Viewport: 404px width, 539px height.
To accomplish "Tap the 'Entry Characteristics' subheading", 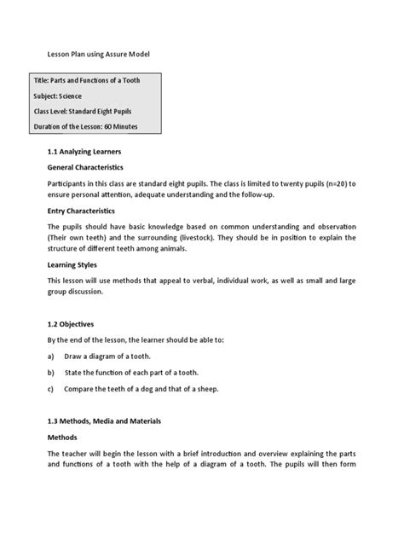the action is tap(82, 208).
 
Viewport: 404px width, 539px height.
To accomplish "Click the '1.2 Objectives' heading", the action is tap(71, 324).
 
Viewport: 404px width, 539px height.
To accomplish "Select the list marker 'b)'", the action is tap(52, 372).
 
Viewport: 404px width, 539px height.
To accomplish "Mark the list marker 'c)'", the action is tap(52, 389).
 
